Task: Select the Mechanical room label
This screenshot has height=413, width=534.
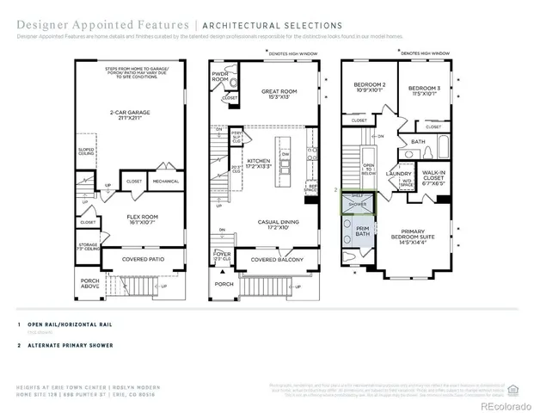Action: coord(165,182)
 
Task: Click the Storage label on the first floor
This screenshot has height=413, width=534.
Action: coord(88,246)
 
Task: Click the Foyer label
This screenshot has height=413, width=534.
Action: coord(224,256)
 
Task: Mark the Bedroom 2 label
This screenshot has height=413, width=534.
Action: coord(369,88)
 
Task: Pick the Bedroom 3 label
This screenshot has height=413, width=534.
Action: coord(423,90)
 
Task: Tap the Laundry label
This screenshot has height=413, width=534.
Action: coord(400,174)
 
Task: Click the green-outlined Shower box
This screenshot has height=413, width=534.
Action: coord(356,201)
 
